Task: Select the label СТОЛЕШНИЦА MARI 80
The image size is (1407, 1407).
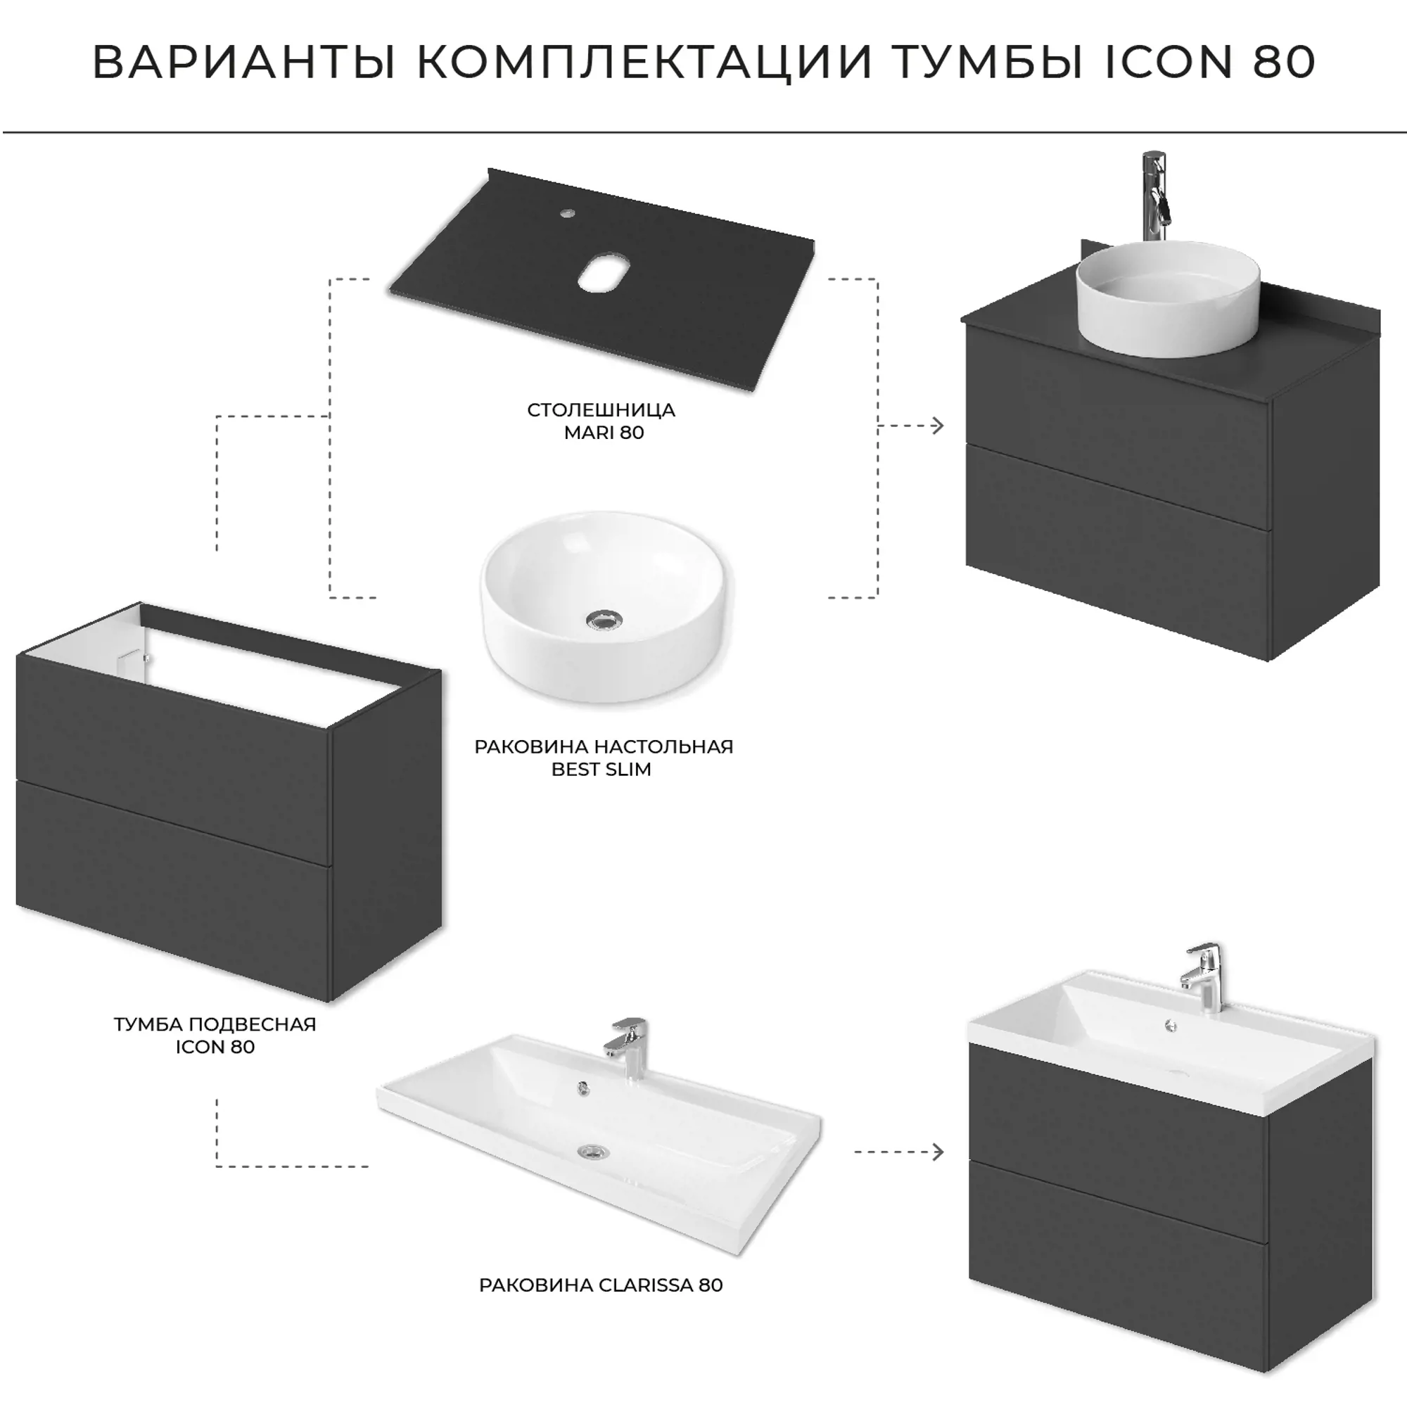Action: [601, 421]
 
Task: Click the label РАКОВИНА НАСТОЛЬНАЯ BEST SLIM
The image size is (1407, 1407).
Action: [604, 758]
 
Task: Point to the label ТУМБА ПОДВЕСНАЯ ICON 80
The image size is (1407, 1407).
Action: [215, 1035]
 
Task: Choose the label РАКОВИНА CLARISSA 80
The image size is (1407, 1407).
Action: [601, 1285]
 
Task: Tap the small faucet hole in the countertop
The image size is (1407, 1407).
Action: [566, 214]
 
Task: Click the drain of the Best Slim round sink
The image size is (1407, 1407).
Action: [604, 620]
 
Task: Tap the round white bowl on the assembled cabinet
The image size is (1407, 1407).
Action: [1168, 298]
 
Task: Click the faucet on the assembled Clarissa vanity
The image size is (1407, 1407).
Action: [1203, 976]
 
